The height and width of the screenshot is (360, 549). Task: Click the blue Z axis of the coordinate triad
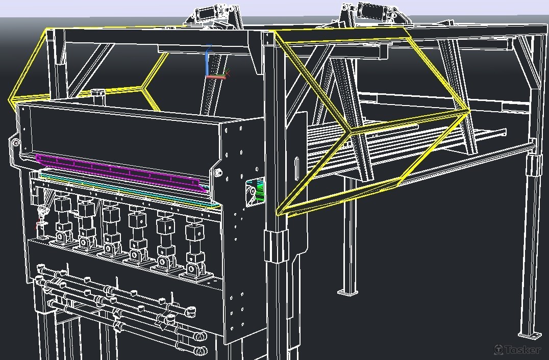click(208, 60)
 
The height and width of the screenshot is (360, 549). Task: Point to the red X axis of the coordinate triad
click(216, 77)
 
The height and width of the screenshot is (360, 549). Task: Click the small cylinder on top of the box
click(97, 96)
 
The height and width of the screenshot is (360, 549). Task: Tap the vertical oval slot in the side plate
click(297, 168)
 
